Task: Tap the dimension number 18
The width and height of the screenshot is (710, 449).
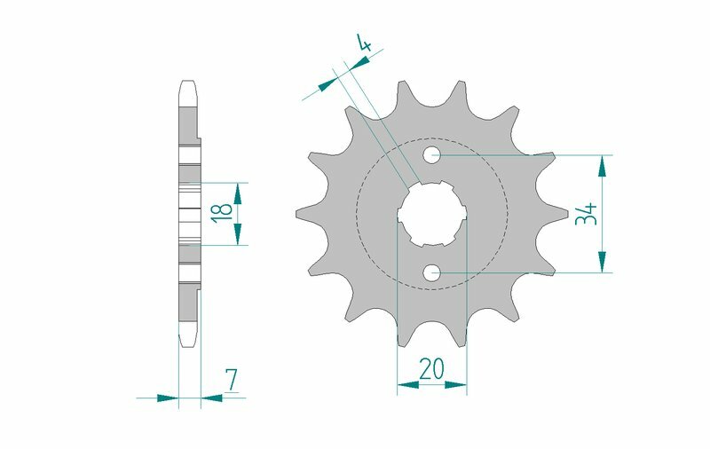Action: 224,212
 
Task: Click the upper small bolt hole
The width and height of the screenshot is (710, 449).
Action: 431,156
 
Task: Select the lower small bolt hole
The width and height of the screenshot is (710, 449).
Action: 431,272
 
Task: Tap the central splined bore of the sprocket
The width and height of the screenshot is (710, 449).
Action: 431,215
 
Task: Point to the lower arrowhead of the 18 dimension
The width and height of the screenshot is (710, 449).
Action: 237,235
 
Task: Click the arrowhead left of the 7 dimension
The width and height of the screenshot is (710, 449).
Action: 169,398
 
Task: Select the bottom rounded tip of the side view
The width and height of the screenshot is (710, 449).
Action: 187,343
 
